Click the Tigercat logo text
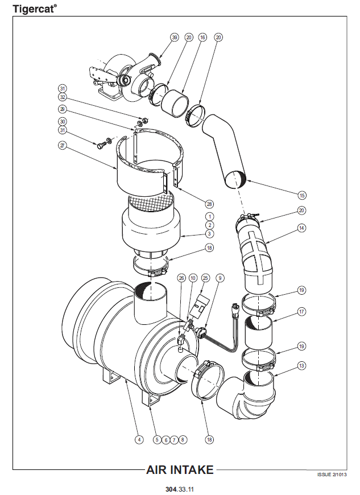[35, 9]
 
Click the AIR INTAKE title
[180, 470]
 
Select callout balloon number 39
[175, 37]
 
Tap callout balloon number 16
[202, 37]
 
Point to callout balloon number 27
[63, 146]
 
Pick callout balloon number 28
[209, 204]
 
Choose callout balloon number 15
[302, 195]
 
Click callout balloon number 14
[302, 228]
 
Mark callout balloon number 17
[302, 312]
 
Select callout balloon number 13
[302, 366]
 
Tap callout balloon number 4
[139, 439]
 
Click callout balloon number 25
[206, 278]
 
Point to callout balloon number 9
[220, 278]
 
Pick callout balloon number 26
[181, 278]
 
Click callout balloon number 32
[63, 97]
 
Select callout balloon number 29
[63, 109]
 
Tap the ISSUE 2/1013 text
[332, 475]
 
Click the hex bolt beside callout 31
[101, 146]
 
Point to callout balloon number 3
[209, 234]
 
